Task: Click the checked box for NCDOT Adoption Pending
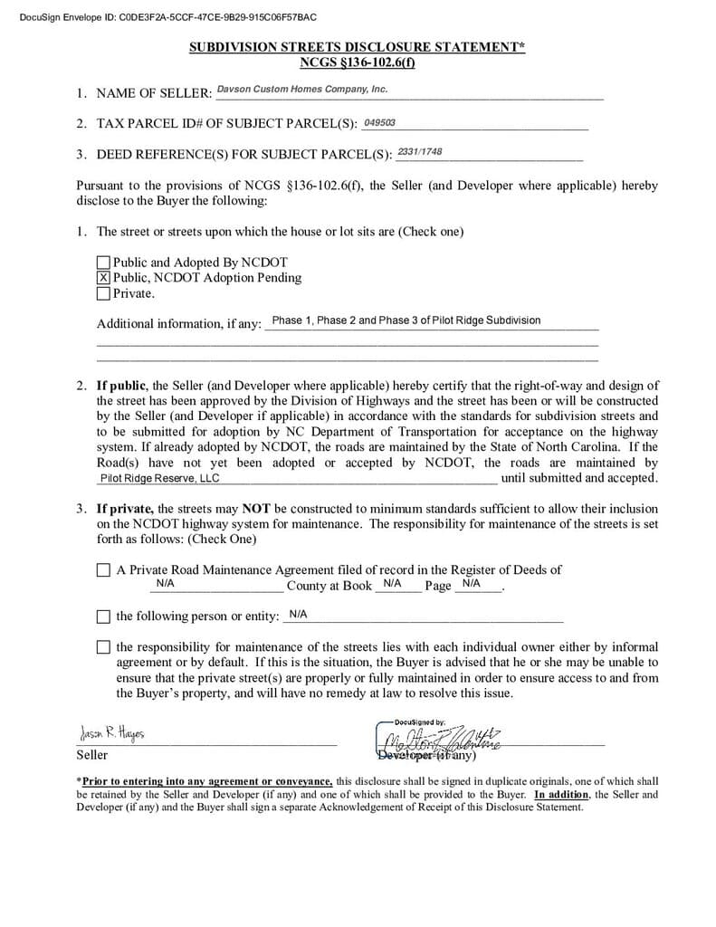coord(103,278)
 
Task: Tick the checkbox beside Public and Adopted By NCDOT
coord(103,263)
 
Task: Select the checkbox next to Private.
coord(103,293)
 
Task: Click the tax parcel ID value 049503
coord(379,123)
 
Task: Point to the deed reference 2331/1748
coord(420,152)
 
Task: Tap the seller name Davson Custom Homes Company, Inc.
coord(302,90)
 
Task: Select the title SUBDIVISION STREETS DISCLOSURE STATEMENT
coord(357,48)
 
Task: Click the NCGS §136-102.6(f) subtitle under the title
coord(358,62)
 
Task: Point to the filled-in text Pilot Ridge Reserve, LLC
coord(159,479)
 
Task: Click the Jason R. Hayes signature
coord(112,732)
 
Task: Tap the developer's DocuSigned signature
coord(444,738)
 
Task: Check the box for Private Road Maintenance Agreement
coord(103,570)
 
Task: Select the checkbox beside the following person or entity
coord(103,616)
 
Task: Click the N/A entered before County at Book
coord(165,584)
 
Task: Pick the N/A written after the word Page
coord(471,584)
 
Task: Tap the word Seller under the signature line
coord(91,755)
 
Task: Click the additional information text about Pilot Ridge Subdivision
coord(406,320)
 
